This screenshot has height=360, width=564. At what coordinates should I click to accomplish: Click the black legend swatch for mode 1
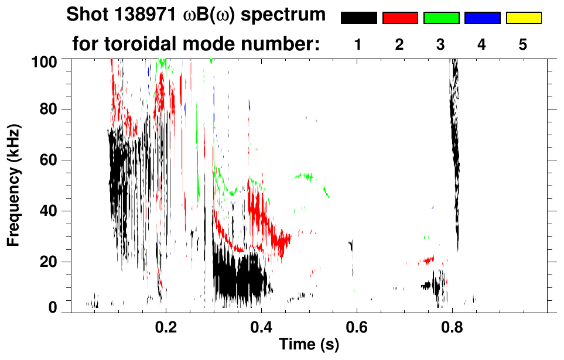click(359, 18)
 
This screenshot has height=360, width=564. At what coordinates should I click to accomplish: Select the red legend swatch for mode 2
click(400, 18)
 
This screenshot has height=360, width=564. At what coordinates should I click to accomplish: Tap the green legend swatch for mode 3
click(441, 18)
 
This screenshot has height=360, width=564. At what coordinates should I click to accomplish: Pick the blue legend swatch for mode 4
click(482, 18)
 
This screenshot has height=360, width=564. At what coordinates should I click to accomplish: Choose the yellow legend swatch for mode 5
click(523, 18)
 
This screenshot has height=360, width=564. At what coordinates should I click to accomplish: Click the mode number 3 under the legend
click(441, 44)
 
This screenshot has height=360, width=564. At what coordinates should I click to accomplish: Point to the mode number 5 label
click(523, 44)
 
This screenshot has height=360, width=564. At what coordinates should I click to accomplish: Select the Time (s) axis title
click(308, 345)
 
